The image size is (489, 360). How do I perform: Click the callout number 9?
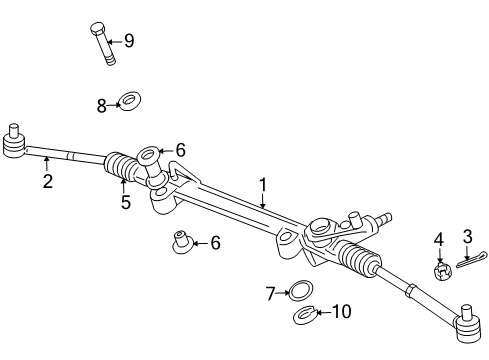click(x=128, y=41)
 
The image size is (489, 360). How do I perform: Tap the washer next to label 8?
click(x=129, y=102)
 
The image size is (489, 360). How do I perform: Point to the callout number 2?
click(x=47, y=181)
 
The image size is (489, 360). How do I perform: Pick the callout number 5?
click(x=126, y=202)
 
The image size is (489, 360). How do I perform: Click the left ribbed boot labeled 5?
click(x=123, y=170)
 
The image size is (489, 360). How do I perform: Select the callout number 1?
click(x=263, y=184)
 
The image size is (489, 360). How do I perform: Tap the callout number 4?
click(x=438, y=238)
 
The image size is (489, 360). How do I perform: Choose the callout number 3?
click(x=466, y=236)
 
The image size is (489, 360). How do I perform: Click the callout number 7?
click(x=270, y=293)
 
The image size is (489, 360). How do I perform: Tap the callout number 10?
click(x=340, y=312)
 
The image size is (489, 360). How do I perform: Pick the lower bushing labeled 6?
click(x=181, y=243)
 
